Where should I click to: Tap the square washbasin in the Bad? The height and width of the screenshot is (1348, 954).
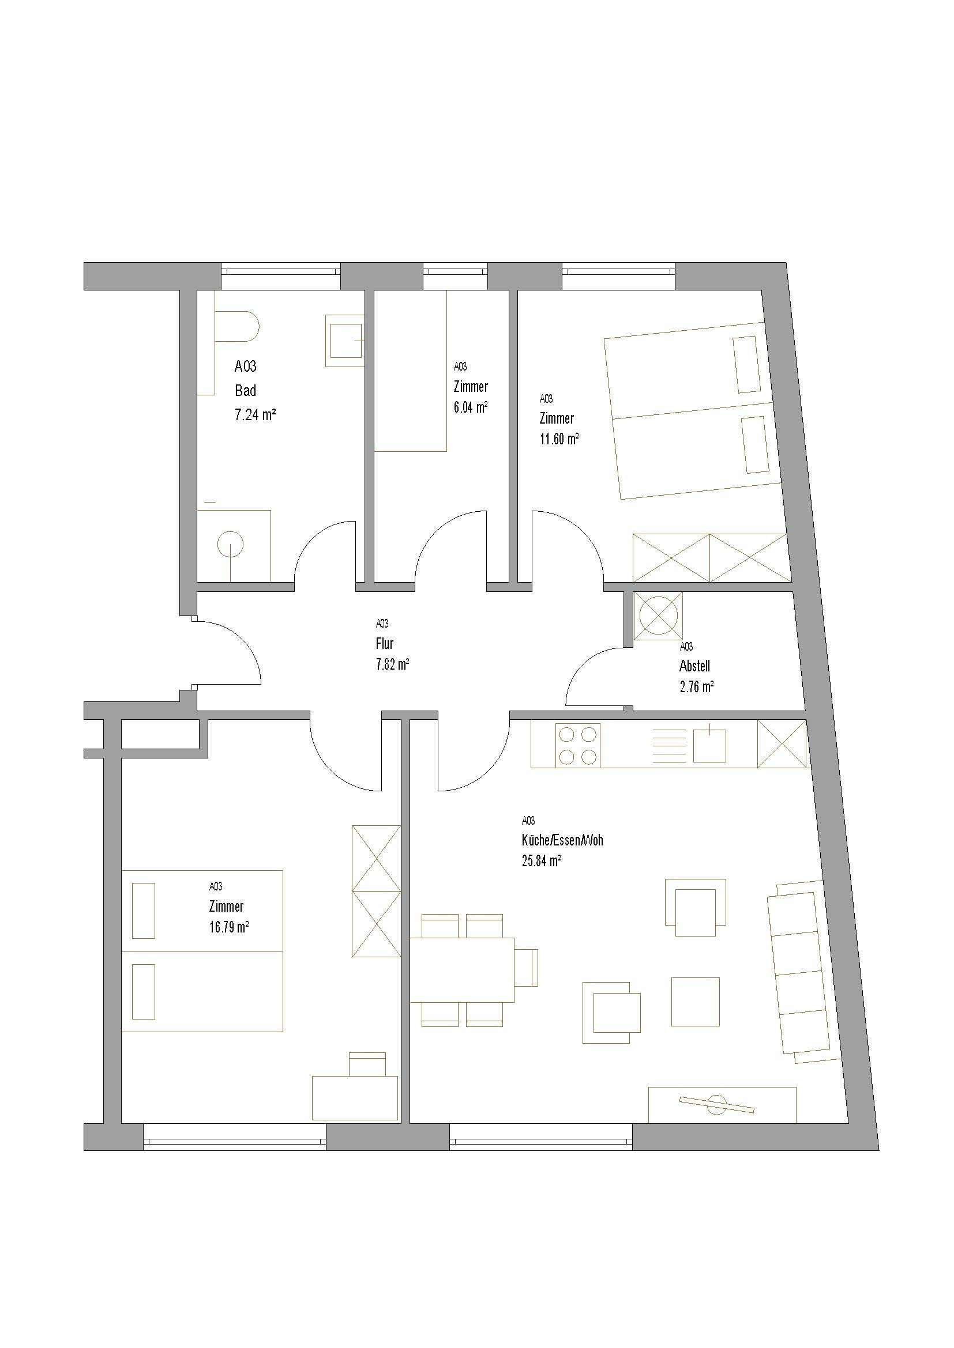pos(345,341)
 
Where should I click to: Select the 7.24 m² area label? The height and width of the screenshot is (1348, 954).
pos(256,415)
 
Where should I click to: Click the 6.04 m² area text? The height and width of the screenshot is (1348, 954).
pos(471,407)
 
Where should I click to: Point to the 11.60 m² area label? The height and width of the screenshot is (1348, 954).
pos(559,439)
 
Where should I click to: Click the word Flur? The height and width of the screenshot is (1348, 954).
pos(384,644)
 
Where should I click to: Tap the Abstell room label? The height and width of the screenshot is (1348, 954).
pos(694,666)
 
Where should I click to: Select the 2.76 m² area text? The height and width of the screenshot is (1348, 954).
pos(697,687)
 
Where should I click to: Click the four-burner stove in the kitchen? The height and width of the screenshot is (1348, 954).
pos(578,746)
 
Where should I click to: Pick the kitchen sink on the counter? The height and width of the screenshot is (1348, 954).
pos(709,745)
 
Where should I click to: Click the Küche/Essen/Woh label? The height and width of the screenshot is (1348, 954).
pos(562,840)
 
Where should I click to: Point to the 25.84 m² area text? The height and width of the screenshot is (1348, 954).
pos(541,860)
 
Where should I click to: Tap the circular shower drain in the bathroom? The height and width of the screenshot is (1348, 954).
pos(230,543)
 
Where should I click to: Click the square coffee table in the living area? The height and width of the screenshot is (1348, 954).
pos(696,1002)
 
